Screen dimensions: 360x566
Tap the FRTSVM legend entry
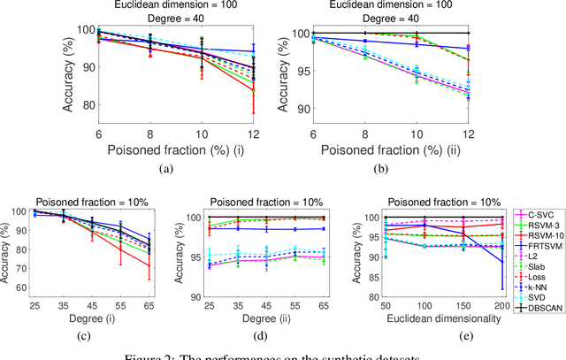point(539,245)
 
